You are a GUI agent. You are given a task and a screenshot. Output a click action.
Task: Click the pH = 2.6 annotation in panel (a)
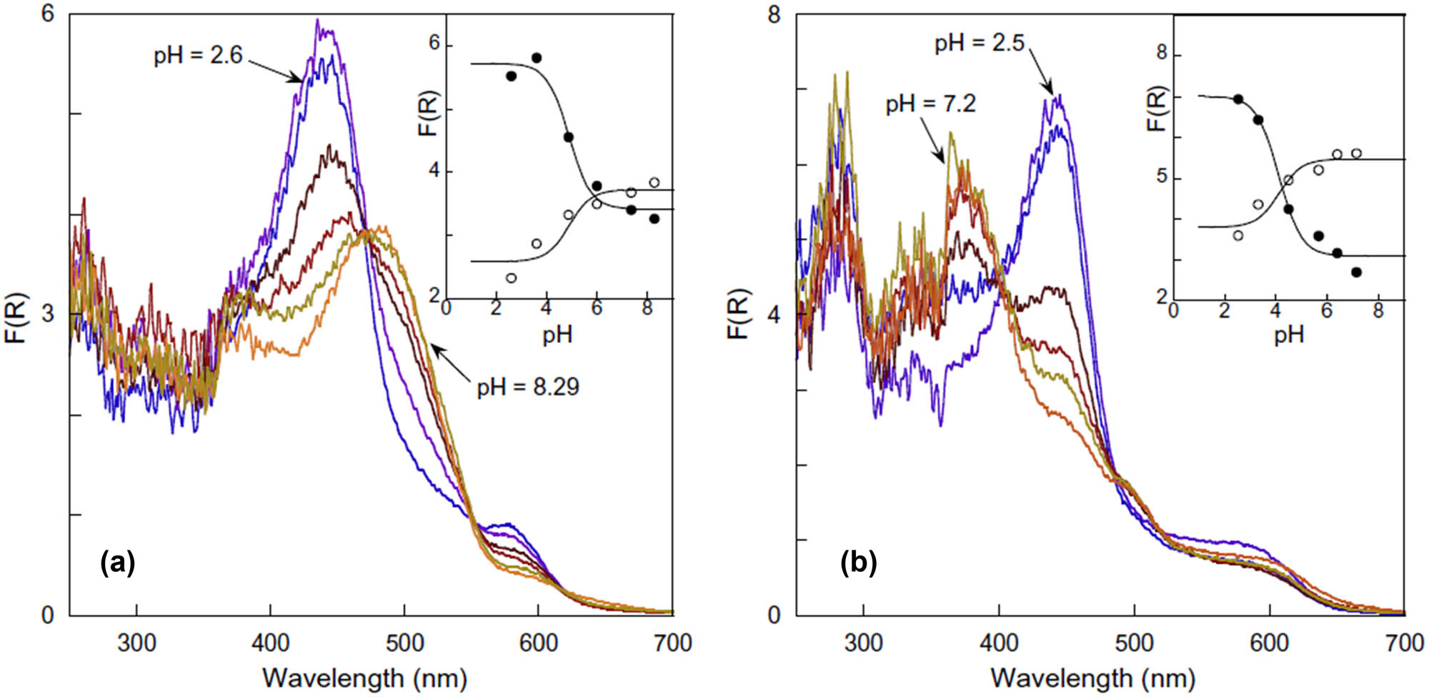(198, 55)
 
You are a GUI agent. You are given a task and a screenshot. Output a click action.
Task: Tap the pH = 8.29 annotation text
(528, 387)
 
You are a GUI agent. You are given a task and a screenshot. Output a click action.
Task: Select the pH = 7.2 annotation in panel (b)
(930, 104)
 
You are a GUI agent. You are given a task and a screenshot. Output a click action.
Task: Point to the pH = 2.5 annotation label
(980, 43)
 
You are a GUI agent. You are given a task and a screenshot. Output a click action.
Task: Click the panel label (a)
(118, 563)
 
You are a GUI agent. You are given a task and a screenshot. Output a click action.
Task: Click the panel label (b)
(858, 563)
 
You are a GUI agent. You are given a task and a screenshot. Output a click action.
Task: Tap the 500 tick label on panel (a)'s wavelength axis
(404, 643)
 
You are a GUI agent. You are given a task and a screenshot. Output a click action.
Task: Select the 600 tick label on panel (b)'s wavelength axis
(1269, 643)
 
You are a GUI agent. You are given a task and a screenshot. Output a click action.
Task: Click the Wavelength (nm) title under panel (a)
(364, 678)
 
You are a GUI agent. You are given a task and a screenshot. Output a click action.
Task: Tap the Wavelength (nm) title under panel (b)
(1092, 678)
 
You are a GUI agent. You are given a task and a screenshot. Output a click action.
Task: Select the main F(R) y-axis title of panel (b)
(739, 315)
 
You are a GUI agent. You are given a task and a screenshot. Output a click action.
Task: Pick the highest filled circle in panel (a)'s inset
(537, 58)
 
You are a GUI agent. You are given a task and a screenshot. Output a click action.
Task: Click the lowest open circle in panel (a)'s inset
(511, 278)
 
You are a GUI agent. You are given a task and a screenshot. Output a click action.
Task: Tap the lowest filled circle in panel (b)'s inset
(1356, 272)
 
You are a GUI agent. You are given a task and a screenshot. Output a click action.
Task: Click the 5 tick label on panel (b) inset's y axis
(1162, 176)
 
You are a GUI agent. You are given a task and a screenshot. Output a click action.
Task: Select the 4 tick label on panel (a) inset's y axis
(434, 172)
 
